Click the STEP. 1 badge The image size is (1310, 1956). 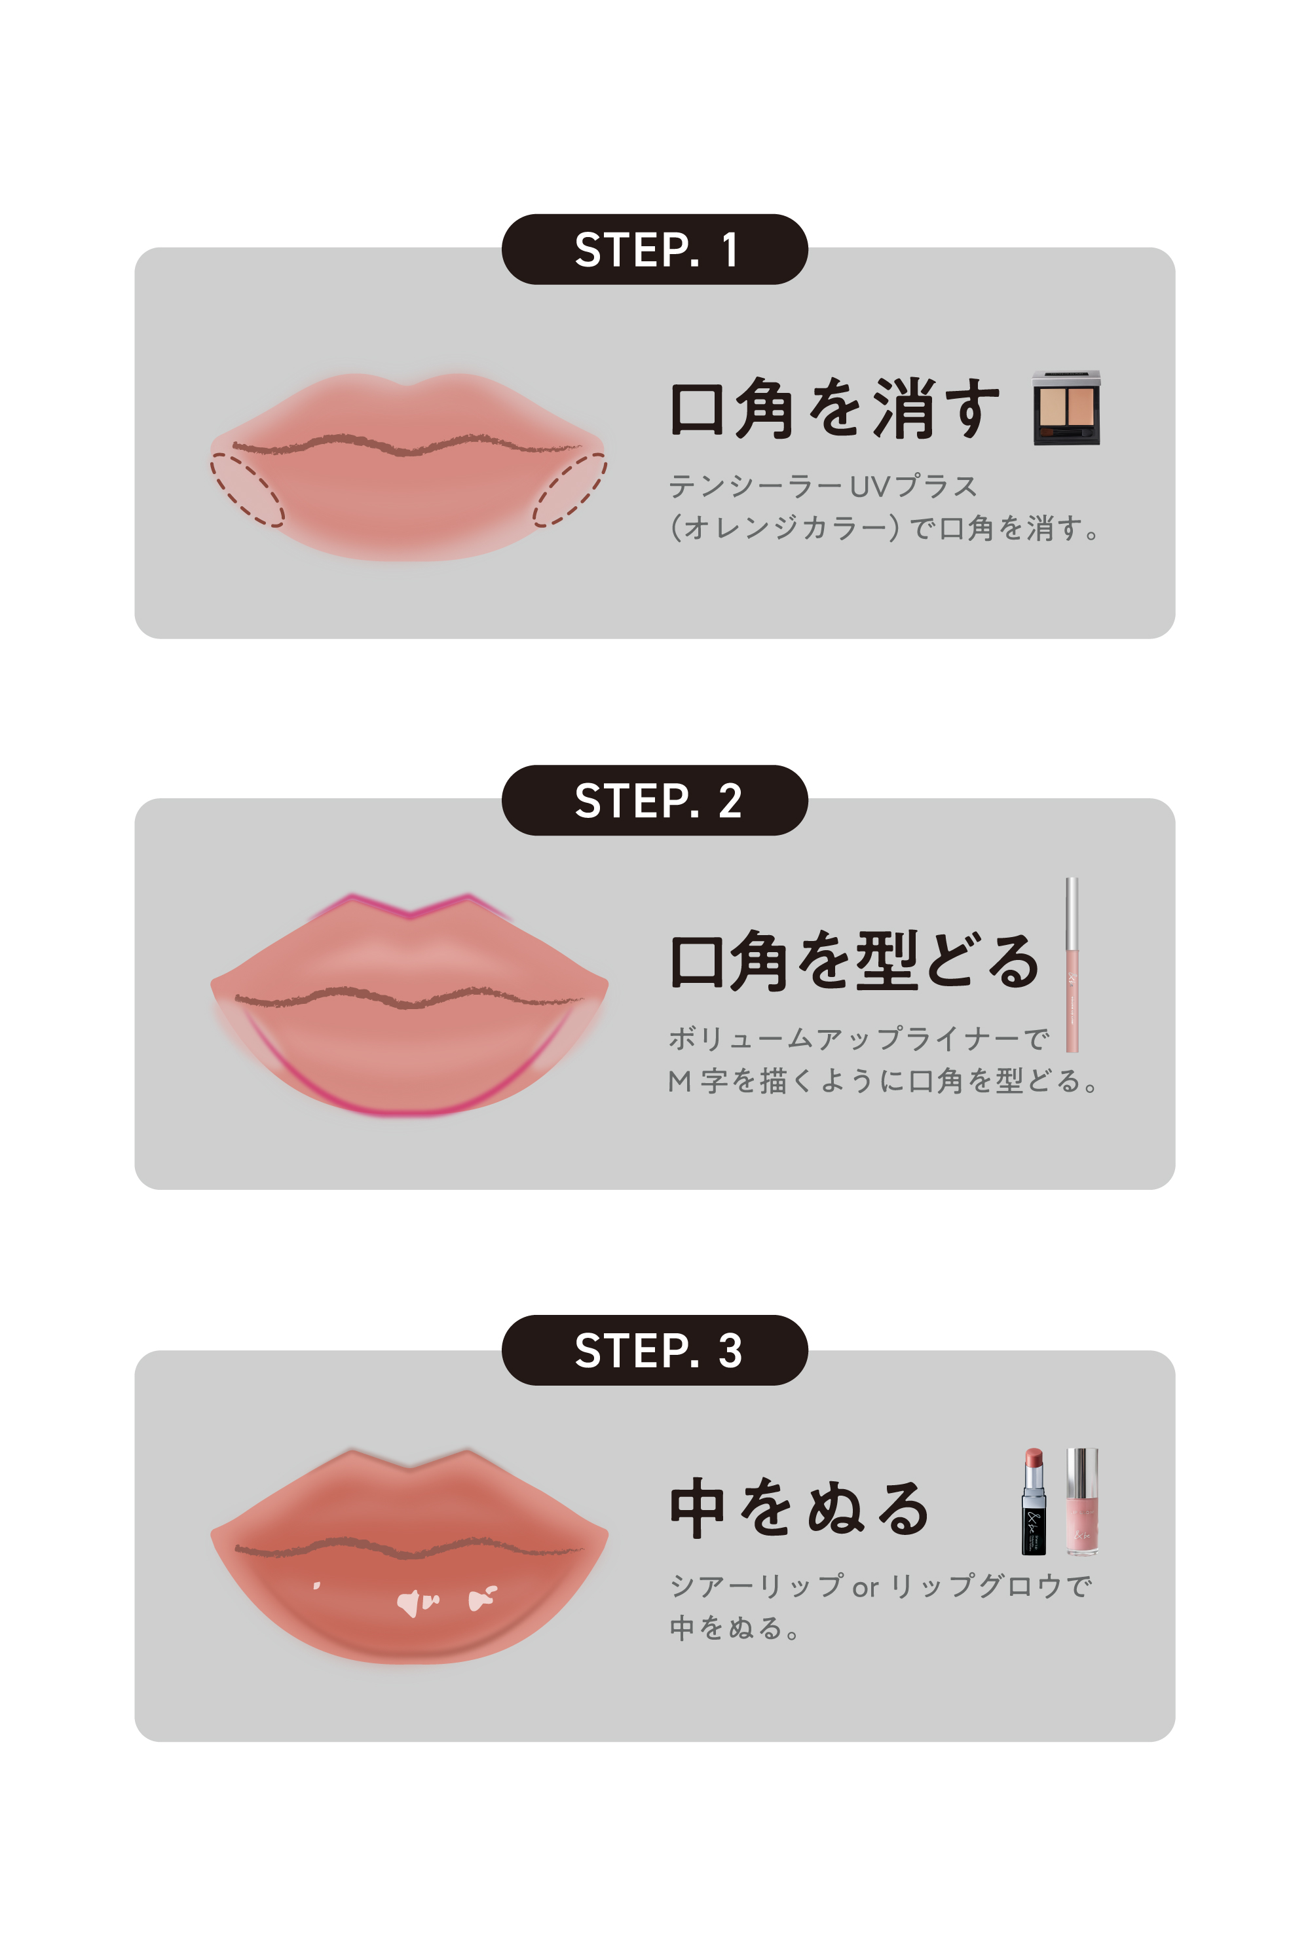[654, 249]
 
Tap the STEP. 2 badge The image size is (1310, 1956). [654, 800]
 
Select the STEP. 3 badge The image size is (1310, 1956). [654, 1350]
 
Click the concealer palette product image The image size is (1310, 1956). [1066, 407]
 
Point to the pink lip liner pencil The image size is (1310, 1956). [1072, 965]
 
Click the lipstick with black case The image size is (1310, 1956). [1034, 1501]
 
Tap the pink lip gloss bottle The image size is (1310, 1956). [1082, 1501]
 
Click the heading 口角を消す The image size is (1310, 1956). [834, 409]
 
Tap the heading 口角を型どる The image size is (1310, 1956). [854, 961]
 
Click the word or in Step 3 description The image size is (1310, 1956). [865, 1587]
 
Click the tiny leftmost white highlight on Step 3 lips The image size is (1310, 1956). [316, 1585]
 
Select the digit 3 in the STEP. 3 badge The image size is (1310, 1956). [730, 1350]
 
